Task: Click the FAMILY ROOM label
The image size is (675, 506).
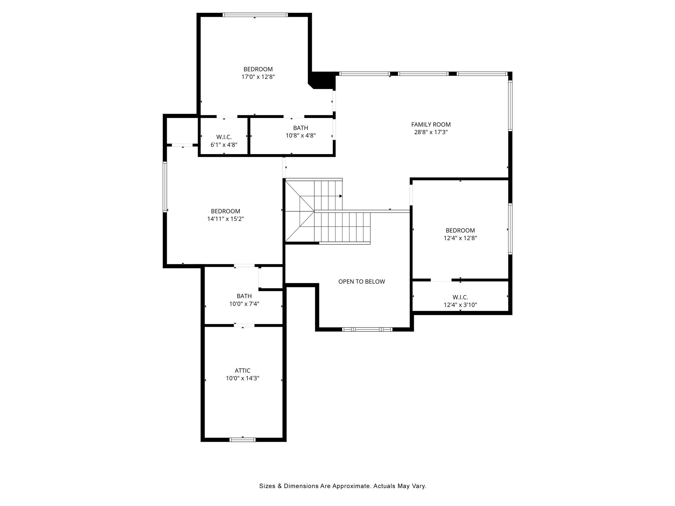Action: (x=431, y=125)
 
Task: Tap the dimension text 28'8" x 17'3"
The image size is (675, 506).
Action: (x=431, y=132)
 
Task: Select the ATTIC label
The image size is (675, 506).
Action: (x=243, y=371)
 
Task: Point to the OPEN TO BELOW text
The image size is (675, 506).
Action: (x=362, y=282)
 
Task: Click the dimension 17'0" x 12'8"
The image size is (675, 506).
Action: (x=258, y=77)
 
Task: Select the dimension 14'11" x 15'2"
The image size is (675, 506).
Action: (x=225, y=219)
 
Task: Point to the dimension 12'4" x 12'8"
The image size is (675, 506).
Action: (x=460, y=238)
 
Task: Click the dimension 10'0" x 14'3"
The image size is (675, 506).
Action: (x=243, y=379)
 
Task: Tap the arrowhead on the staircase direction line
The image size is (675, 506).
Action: (x=341, y=196)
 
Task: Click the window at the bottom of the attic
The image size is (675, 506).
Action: (x=243, y=439)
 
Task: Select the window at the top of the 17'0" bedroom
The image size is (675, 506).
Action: (x=255, y=15)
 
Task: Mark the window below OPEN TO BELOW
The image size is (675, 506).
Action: (x=367, y=329)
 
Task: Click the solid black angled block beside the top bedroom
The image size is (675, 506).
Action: (x=322, y=80)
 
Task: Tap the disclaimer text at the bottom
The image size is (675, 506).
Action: (x=343, y=486)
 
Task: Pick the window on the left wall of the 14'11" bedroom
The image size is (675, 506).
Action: (x=165, y=186)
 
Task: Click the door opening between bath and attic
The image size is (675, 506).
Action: (x=244, y=325)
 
